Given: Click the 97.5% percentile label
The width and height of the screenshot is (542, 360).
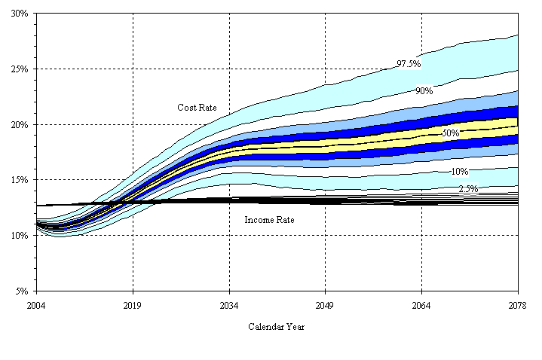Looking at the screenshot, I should click(x=409, y=65).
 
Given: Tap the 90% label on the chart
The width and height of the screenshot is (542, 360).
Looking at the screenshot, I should click(x=424, y=91).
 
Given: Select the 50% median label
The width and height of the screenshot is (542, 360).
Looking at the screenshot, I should click(x=451, y=133).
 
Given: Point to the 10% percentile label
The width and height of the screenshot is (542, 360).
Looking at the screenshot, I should click(x=459, y=172).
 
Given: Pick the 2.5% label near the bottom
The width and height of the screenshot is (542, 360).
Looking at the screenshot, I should click(x=468, y=189).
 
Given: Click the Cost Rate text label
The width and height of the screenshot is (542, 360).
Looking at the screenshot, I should click(x=197, y=108).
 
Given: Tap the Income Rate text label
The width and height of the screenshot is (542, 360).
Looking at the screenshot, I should click(x=269, y=220).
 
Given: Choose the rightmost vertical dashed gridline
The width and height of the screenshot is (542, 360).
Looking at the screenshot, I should click(x=422, y=249).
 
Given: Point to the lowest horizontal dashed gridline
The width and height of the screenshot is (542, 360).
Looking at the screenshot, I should click(x=302, y=235).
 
